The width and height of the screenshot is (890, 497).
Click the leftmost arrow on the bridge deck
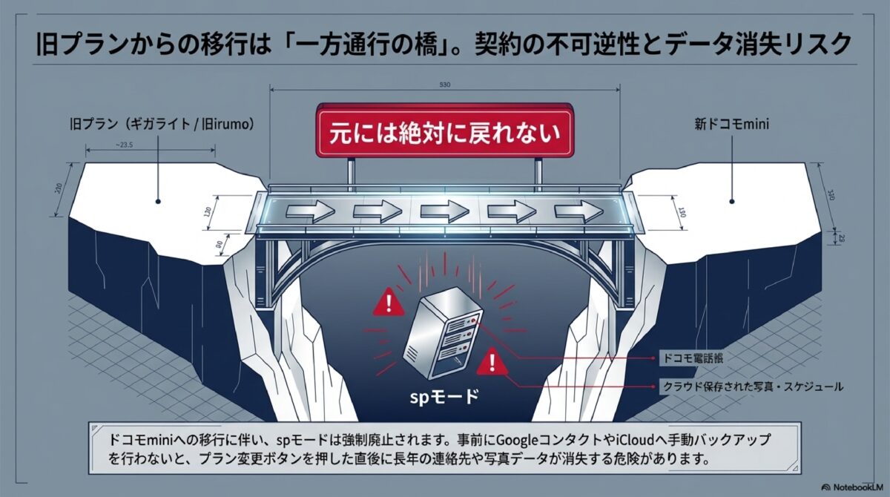click(311, 211)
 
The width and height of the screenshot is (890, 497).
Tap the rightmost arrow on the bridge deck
click(578, 211)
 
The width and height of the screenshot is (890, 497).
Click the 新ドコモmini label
click(731, 125)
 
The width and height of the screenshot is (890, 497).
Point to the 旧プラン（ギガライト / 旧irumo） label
click(159, 125)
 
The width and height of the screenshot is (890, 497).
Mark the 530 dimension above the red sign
click(445, 85)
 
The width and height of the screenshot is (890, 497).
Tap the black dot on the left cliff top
click(158, 200)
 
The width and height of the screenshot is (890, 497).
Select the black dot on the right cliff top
click(731, 200)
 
